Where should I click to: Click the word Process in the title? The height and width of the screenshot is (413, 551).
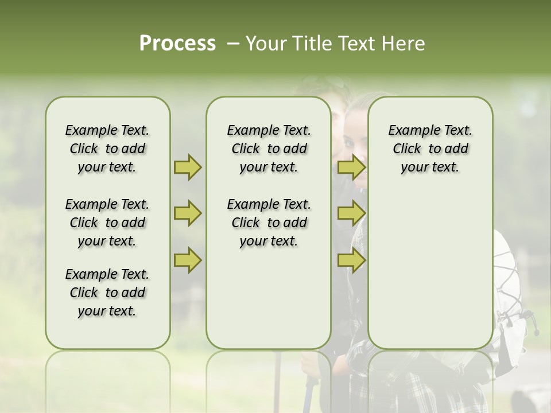click(177, 44)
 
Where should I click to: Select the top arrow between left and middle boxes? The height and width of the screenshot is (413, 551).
click(188, 167)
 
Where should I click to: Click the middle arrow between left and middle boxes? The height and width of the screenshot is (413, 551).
click(188, 214)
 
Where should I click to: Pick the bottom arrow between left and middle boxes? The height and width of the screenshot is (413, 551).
click(188, 260)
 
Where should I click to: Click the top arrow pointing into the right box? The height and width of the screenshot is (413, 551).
click(351, 167)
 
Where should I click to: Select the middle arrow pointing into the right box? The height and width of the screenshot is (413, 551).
click(351, 214)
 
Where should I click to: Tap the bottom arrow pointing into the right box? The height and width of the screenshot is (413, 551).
click(351, 260)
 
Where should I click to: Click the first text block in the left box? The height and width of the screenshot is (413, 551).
click(107, 149)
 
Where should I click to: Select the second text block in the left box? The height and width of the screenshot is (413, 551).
click(107, 223)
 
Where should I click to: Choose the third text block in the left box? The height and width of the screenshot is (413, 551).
click(107, 293)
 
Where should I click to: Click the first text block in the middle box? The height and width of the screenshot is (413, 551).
click(269, 149)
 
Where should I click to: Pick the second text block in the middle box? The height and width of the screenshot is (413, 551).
click(269, 223)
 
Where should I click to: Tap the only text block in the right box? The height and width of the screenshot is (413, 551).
click(430, 149)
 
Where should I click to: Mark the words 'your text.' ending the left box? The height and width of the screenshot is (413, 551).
click(107, 311)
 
